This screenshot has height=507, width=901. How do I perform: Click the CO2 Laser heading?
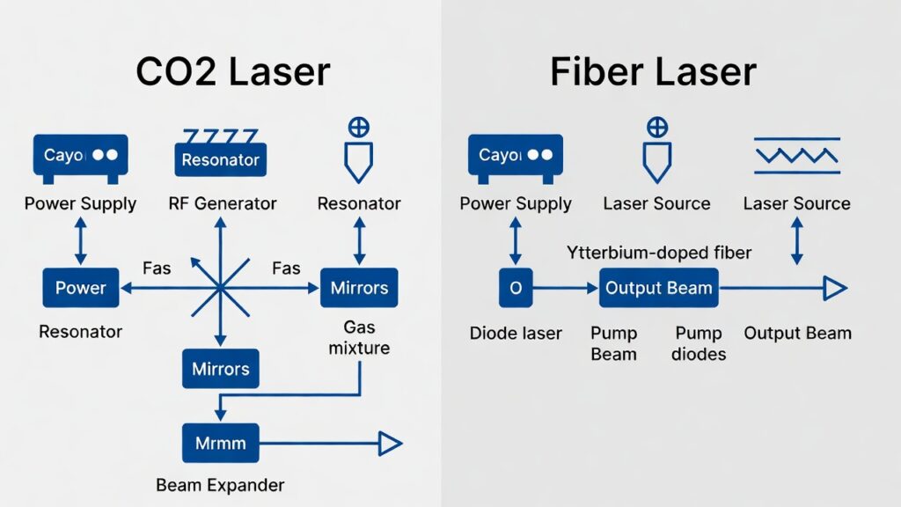click(x=233, y=72)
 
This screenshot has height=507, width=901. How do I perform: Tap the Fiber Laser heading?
click(x=653, y=72)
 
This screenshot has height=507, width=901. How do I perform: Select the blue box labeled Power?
click(x=80, y=288)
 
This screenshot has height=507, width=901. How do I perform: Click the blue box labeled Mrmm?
click(x=220, y=443)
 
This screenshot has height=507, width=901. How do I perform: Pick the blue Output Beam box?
click(x=658, y=288)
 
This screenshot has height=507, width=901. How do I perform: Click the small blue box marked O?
click(x=516, y=288)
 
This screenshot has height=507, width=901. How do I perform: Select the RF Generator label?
click(x=222, y=204)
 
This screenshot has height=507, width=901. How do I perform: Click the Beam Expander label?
click(x=220, y=485)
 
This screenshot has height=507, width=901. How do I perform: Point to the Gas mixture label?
click(x=359, y=338)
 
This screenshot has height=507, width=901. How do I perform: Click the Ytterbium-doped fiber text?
click(x=658, y=253)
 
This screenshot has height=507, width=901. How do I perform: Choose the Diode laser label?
click(x=516, y=334)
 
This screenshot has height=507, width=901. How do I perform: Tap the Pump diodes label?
click(x=699, y=343)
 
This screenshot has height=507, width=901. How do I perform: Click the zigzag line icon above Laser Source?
click(x=796, y=155)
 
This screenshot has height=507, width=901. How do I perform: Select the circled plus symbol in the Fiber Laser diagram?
click(x=656, y=127)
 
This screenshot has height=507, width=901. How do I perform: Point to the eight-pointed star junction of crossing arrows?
click(x=220, y=288)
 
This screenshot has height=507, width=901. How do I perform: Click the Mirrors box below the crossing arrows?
click(x=220, y=369)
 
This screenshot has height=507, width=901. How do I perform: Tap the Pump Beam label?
click(x=613, y=343)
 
